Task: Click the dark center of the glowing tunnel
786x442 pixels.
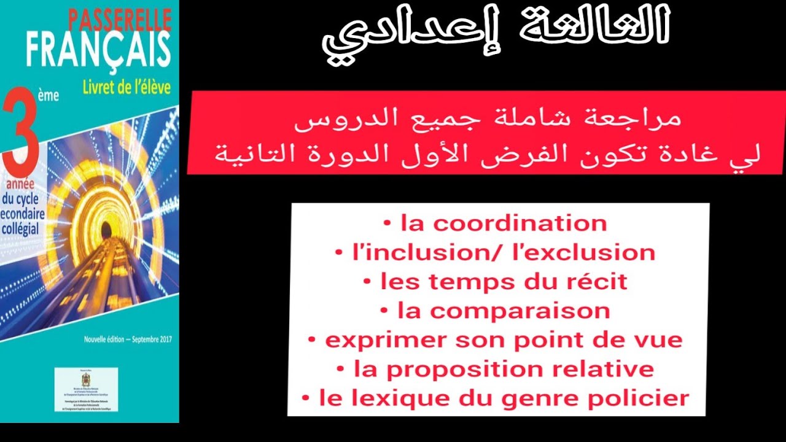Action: [106, 231]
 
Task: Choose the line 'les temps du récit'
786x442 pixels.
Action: [504, 282]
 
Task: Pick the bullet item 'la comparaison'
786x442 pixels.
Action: [503, 311]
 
